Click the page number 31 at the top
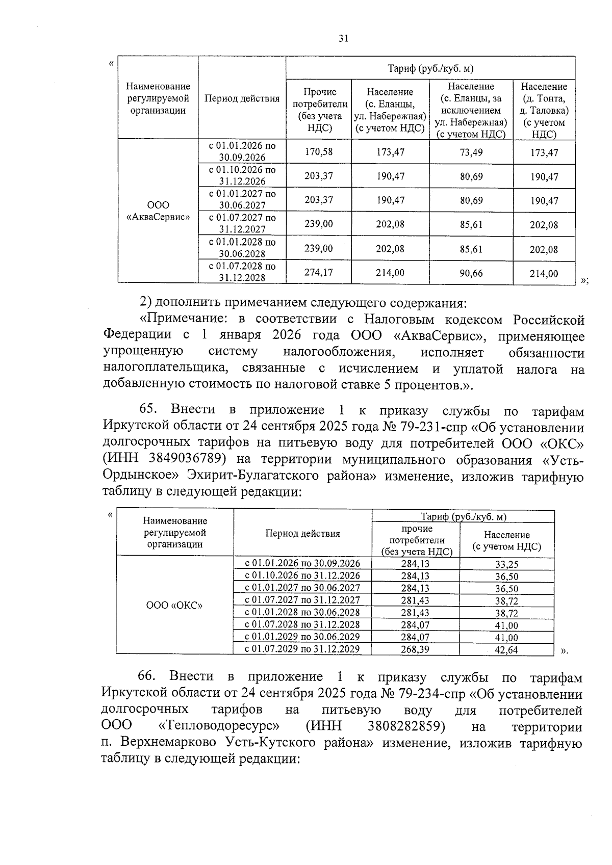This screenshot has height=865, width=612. tap(343, 38)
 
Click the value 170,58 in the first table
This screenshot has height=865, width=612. tap(319, 152)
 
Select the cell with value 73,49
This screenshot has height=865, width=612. tap(471, 152)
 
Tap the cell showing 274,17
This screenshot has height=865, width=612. tap(319, 273)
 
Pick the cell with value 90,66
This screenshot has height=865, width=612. tap(471, 273)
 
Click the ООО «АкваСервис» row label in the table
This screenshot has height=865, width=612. tap(158, 211)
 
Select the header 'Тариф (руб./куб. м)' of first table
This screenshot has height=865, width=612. tap(430, 69)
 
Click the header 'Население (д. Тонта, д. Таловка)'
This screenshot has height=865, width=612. tap(544, 110)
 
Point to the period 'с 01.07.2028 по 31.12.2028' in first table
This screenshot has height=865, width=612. tap(242, 272)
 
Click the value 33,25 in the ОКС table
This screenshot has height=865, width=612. tap(506, 564)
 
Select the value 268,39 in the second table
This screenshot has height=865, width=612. tap(415, 649)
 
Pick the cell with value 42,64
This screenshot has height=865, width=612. tap(506, 650)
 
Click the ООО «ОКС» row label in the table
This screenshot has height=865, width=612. tap(174, 606)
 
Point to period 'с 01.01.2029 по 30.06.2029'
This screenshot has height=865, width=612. tap(302, 637)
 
